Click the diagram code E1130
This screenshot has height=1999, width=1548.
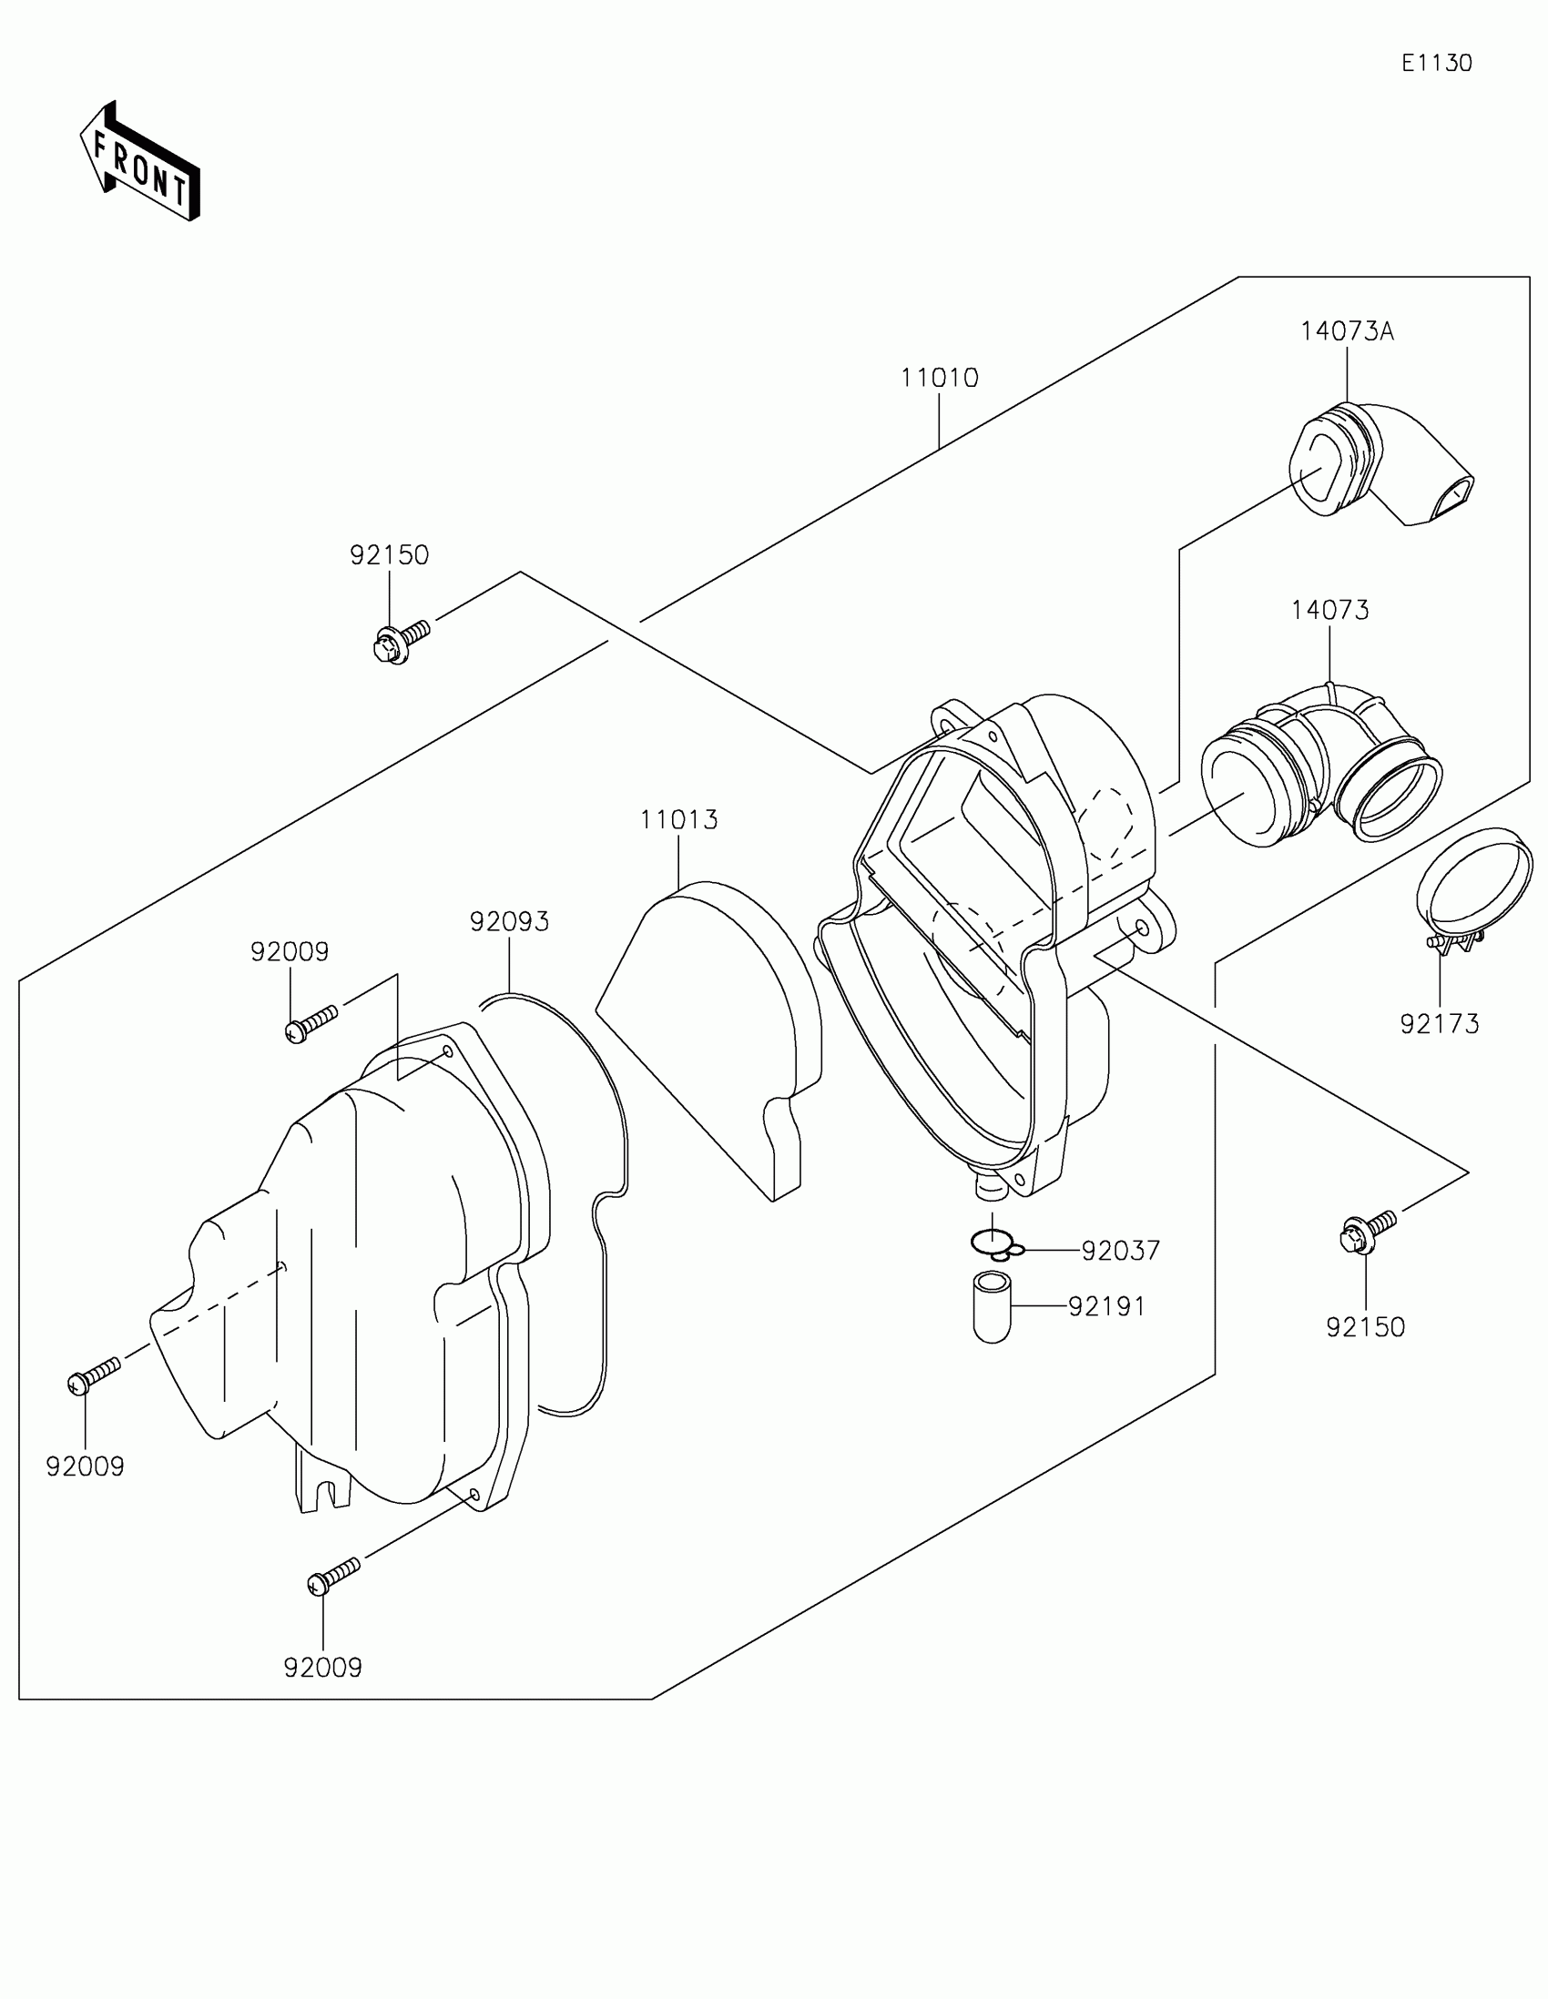point(1436,63)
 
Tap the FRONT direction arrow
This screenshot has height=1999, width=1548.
point(139,162)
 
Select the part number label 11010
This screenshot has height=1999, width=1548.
point(939,378)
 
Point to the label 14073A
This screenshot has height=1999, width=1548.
point(1347,331)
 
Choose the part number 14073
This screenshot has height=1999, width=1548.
point(1329,610)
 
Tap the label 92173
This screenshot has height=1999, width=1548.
point(1439,1024)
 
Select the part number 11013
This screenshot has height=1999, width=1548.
point(678,819)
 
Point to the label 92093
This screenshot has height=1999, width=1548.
point(509,922)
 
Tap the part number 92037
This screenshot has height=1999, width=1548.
point(1121,1251)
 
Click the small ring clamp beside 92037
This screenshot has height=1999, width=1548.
point(995,1244)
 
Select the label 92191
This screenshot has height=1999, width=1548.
point(1106,1307)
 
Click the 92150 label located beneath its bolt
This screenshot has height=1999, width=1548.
point(1365,1327)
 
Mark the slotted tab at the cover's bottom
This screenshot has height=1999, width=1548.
point(323,1481)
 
